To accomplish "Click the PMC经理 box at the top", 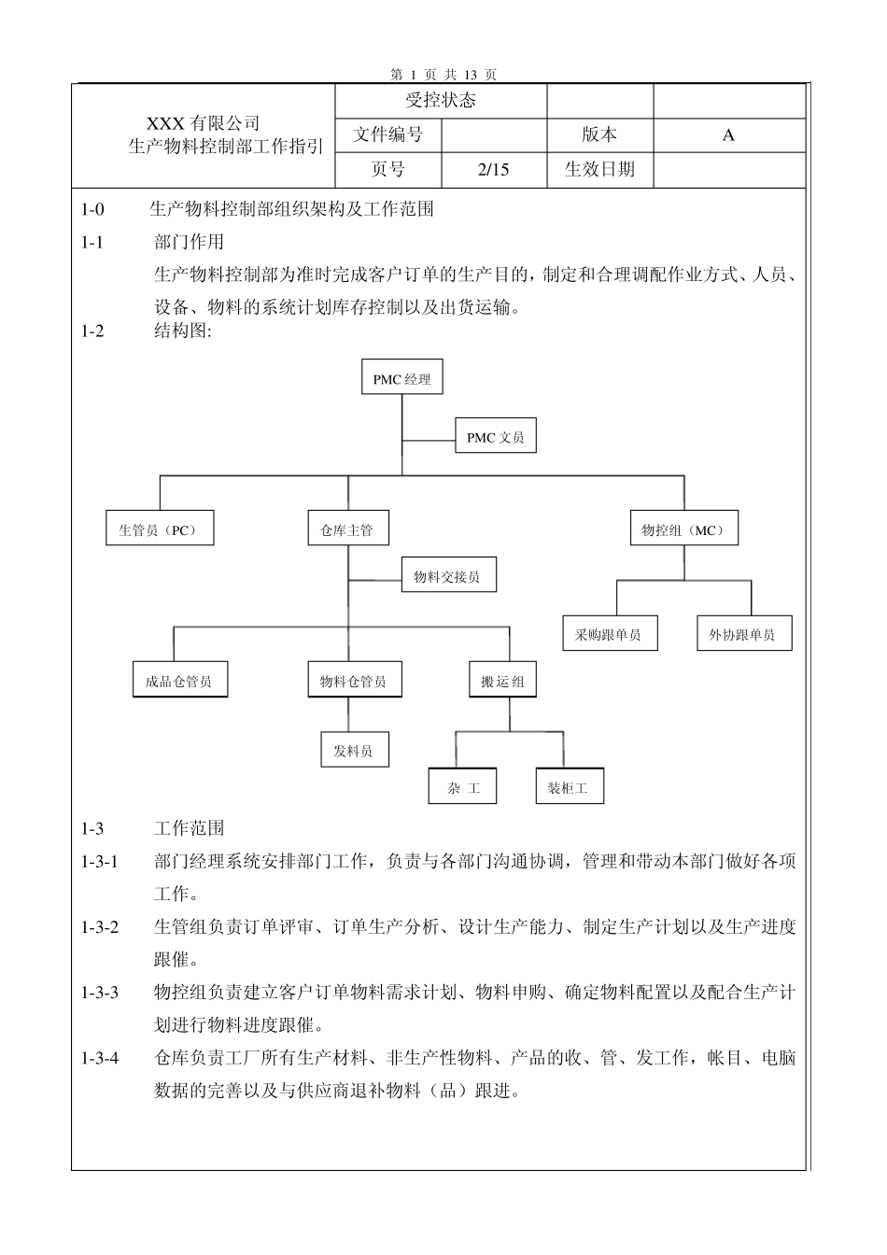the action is point(401,379).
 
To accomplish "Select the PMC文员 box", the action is point(496,437).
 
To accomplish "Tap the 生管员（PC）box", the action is point(159,530).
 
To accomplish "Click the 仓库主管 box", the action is point(347,530).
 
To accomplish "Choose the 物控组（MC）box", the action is point(683,530).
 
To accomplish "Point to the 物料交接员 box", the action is point(447,577).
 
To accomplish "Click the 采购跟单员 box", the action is point(609,635).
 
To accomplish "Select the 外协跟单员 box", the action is point(742,635).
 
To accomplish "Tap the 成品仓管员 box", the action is point(178,682).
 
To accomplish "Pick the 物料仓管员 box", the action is point(347,682).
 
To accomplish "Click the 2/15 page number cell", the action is point(493,169).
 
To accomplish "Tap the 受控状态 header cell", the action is point(441,101).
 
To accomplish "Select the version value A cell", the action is point(728,135).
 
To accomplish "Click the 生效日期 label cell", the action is point(599,169).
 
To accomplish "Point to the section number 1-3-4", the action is point(100,1058).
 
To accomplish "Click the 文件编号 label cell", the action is point(387,135).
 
